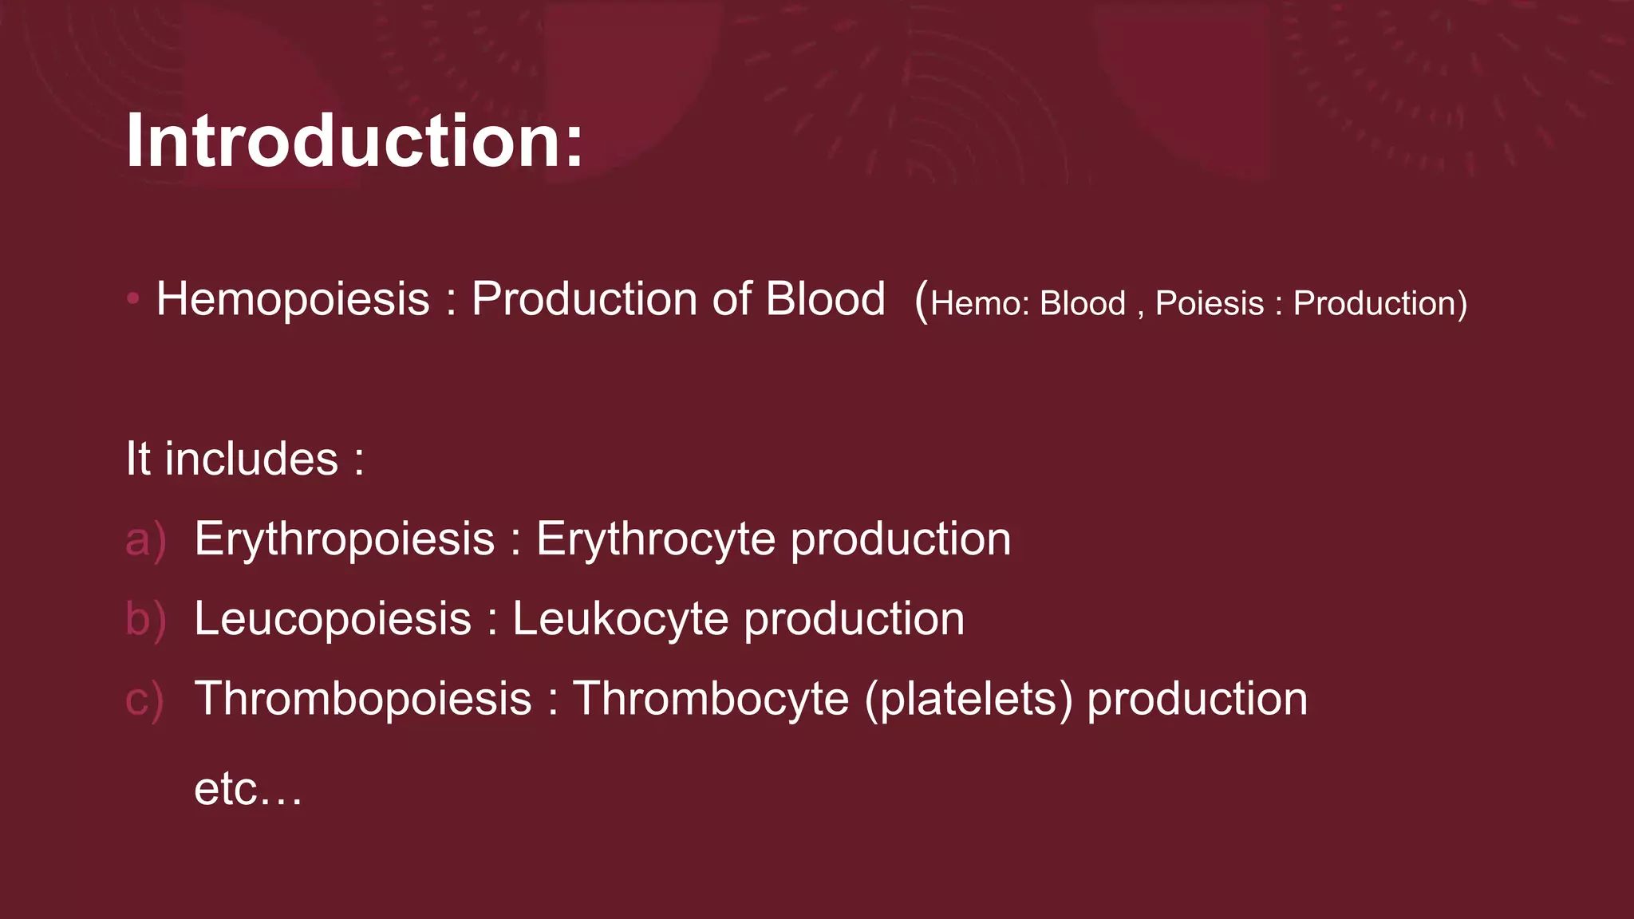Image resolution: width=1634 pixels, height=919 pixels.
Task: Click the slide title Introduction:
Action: pos(354,141)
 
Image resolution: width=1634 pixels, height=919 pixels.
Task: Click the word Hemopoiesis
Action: pos(293,299)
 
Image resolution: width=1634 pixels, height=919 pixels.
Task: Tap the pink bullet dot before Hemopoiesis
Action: pos(133,299)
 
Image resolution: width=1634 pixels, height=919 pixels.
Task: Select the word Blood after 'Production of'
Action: pos(825,299)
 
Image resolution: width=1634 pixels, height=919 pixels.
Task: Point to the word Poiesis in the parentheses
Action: pos(1209,304)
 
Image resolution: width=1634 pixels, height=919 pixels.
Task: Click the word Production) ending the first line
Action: pos(1379,304)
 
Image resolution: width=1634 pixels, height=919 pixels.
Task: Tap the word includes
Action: pos(251,459)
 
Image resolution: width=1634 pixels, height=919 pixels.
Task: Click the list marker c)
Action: pos(145,700)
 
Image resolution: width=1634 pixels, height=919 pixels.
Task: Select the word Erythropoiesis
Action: pos(344,540)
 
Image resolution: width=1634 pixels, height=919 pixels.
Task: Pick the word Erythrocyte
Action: pos(655,540)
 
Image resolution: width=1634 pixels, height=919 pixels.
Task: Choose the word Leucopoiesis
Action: pos(333,620)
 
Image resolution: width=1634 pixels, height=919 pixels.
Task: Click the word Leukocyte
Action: pos(620,620)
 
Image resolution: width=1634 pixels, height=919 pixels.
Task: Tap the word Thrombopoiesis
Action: pos(363,700)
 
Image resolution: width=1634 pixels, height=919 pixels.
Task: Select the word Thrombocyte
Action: pos(710,700)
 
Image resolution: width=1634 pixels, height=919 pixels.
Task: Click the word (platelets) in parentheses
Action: pos(969,700)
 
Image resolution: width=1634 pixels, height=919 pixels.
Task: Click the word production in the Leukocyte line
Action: pos(854,620)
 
